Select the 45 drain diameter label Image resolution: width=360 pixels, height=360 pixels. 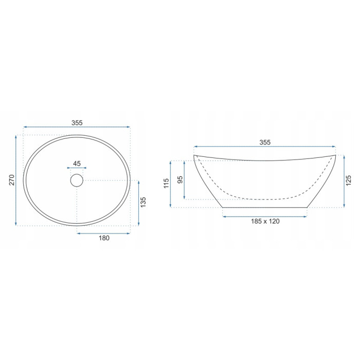[x=77, y=164]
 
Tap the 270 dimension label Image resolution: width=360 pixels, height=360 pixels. [x=12, y=180]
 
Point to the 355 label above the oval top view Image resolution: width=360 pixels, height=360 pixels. [x=77, y=123]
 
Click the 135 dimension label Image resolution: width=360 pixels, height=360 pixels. [x=143, y=202]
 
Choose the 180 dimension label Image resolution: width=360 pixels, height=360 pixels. [x=104, y=238]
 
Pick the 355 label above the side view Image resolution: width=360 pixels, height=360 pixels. [x=265, y=142]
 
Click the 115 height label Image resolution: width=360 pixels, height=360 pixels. [x=166, y=183]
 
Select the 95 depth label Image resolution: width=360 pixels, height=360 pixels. [x=180, y=179]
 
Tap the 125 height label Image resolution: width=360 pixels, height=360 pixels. [x=349, y=181]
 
